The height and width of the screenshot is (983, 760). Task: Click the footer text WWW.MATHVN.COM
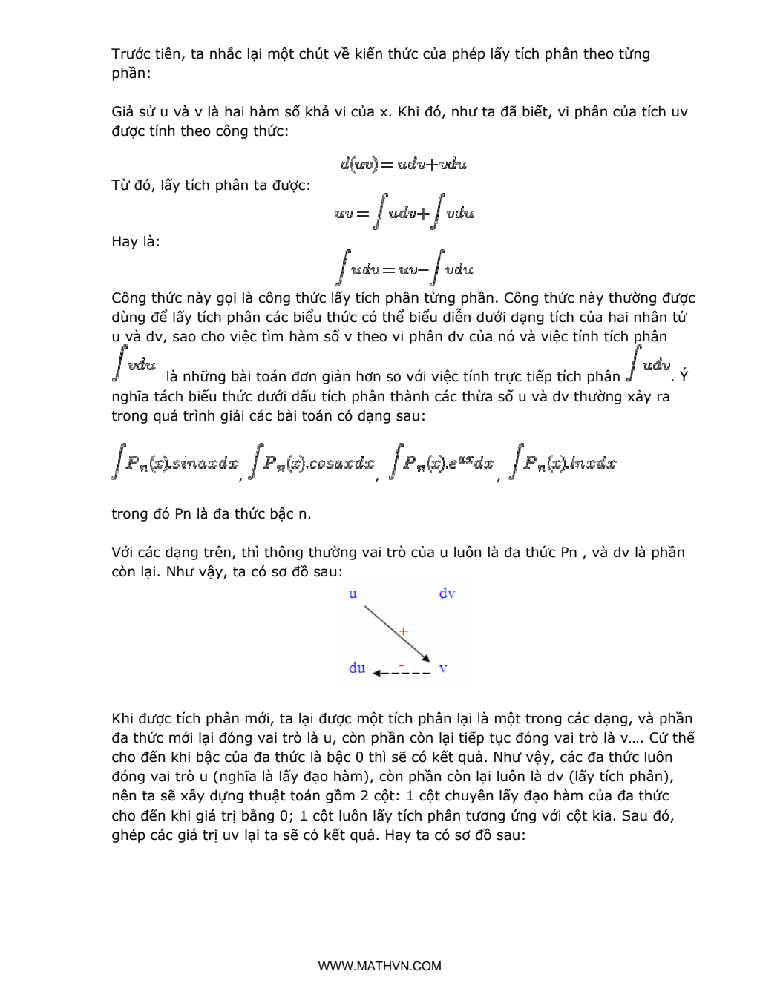379,966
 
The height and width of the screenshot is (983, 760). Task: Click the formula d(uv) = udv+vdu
404,164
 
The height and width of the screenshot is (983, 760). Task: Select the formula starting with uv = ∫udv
404,212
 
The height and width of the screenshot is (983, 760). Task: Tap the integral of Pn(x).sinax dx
175,463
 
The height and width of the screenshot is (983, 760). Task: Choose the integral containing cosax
312,463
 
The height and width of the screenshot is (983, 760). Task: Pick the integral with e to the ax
442,463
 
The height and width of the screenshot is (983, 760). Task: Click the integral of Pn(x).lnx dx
563,463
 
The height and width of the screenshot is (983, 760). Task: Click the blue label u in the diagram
353,594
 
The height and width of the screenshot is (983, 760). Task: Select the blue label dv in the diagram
447,593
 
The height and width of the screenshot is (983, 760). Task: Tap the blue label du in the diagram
357,668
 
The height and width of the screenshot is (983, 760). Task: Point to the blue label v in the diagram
443,668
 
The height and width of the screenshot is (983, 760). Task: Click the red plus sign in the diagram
403,631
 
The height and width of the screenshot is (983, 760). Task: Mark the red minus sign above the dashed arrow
402,664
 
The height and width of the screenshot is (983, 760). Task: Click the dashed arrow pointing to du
402,673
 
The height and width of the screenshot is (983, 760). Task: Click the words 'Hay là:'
136,242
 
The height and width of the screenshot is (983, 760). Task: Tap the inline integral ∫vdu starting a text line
134,364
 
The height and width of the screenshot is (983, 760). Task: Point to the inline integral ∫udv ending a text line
649,364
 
